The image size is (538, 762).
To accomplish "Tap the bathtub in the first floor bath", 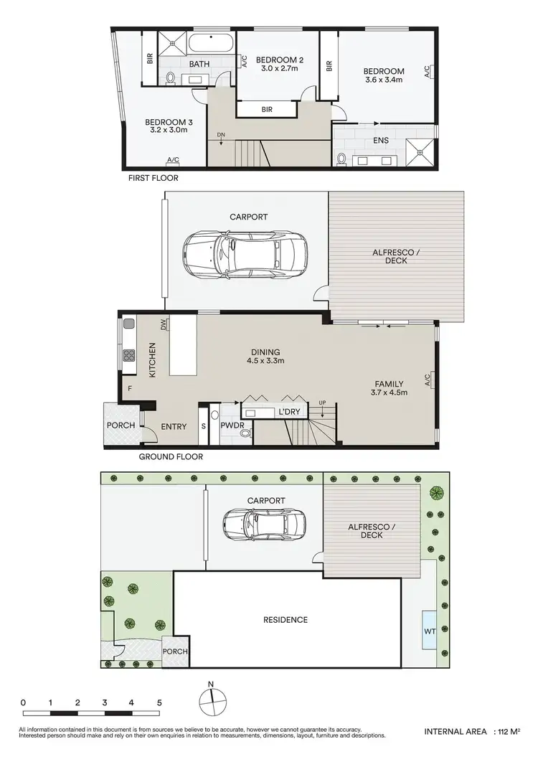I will (x=211, y=42).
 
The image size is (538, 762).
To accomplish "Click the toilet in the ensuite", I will (x=341, y=157).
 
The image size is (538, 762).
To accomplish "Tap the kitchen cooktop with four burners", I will (x=131, y=355).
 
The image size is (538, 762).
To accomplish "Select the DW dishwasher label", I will (x=164, y=325).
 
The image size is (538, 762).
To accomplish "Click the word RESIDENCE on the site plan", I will (x=285, y=620).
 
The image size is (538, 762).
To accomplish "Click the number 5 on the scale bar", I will (x=159, y=702).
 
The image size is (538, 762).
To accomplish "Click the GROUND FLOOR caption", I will (x=171, y=456).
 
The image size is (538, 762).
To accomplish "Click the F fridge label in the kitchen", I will (x=131, y=388).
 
